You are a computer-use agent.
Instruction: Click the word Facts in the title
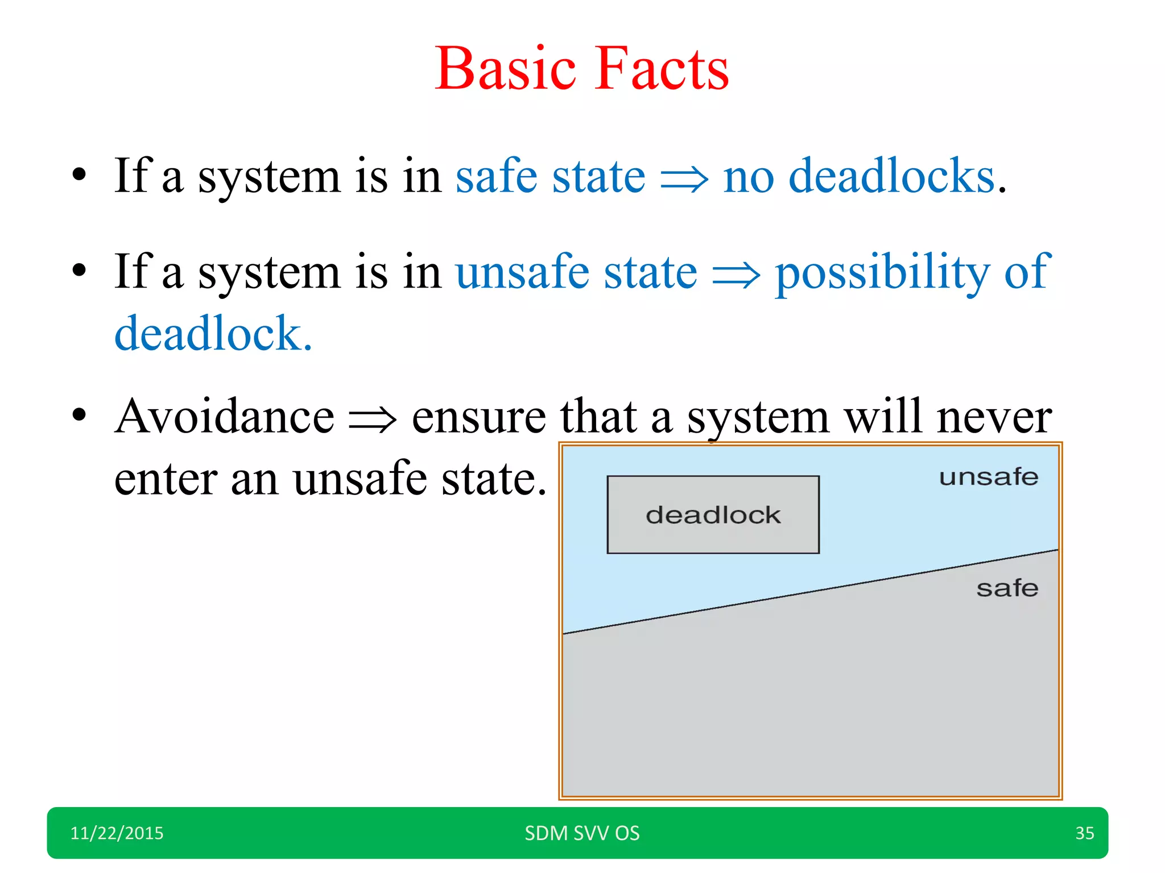point(663,69)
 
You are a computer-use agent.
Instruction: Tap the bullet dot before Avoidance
point(79,414)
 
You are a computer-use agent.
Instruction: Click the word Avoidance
point(224,417)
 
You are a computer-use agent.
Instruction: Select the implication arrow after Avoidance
point(373,421)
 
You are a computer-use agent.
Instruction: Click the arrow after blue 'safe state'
point(684,181)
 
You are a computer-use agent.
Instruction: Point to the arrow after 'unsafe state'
point(736,276)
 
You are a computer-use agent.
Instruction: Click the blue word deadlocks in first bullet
point(891,176)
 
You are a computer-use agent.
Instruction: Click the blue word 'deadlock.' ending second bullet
point(213,334)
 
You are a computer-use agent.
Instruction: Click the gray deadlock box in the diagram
point(713,514)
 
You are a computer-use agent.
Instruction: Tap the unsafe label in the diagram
point(988,477)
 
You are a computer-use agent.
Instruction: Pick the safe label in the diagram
point(1007,588)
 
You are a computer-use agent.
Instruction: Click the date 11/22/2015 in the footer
point(117,833)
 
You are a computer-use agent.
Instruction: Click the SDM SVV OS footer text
point(582,833)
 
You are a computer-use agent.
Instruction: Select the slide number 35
point(1084,833)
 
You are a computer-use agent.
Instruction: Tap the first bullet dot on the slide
point(79,174)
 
